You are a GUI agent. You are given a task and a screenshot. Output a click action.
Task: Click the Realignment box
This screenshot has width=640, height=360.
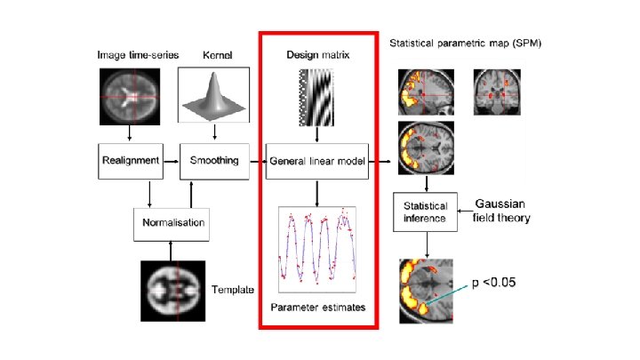131,161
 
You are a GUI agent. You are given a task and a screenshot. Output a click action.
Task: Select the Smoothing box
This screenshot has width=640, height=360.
213,161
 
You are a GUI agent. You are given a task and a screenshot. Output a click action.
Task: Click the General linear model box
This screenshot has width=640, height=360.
318,161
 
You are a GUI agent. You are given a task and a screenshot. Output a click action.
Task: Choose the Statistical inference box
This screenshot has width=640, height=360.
425,210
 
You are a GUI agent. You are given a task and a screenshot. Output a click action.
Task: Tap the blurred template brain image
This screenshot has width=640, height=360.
173,290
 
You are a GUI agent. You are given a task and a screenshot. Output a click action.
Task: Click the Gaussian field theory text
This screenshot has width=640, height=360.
501,211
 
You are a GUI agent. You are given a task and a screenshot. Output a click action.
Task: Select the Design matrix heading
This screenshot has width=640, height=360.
317,55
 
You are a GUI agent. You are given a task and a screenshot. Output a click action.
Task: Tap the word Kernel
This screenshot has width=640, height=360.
217,55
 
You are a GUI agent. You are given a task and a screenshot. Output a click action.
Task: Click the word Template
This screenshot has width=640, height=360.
233,290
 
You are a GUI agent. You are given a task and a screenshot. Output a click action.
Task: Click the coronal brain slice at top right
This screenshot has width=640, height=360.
493,90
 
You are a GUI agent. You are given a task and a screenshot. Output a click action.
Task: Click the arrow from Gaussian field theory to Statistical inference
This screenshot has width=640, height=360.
467,211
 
